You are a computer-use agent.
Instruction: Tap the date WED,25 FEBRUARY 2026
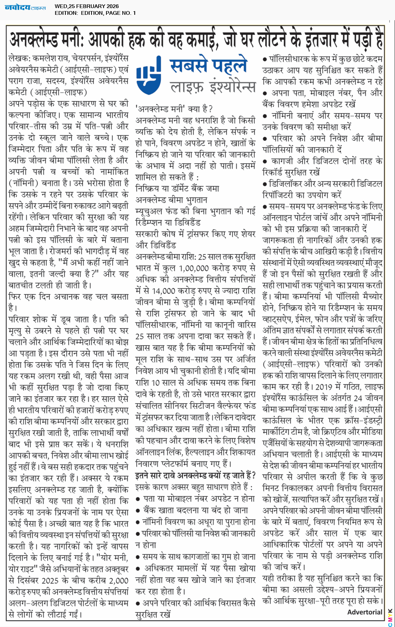pyautogui.click(x=87, y=6)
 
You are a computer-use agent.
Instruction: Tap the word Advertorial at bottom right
pyautogui.click(x=365, y=612)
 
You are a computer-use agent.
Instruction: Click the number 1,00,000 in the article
pyautogui.click(x=194, y=268)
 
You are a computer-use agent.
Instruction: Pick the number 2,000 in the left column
pyautogui.click(x=119, y=580)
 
